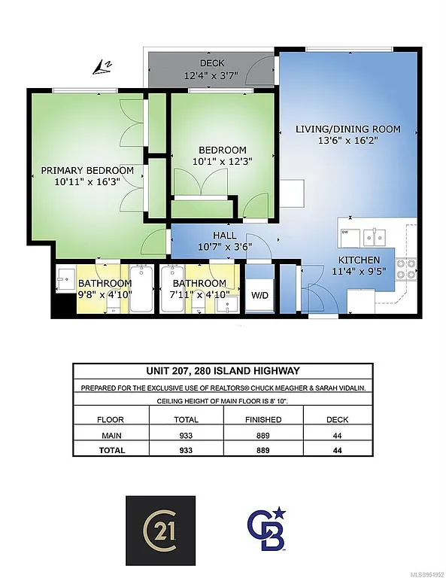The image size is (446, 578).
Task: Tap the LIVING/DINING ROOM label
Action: [347, 129]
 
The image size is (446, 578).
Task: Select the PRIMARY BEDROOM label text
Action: [87, 171]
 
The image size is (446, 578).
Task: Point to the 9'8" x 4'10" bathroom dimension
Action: [105, 294]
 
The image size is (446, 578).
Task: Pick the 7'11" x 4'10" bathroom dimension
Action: [202, 294]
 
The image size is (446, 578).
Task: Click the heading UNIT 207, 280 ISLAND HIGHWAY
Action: [222, 370]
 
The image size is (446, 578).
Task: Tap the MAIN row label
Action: [111, 436]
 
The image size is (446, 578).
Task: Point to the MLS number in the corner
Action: [423, 573]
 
